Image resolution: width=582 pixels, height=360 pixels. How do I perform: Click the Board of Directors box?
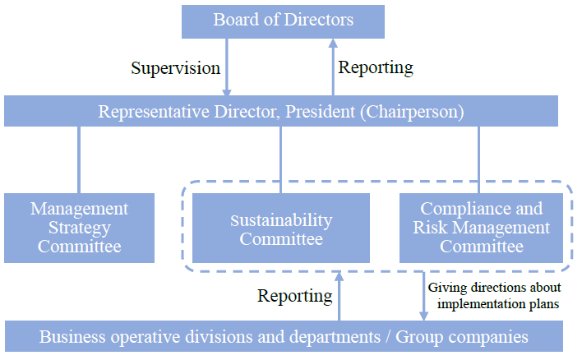pos(283,21)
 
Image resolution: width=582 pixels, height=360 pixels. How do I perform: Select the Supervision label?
pos(176,69)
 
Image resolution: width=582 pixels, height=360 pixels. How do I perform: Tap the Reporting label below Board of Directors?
pos(376,68)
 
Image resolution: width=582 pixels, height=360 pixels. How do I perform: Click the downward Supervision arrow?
pos(226,67)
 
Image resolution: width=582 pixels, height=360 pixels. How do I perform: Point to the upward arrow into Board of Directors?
pos(333,67)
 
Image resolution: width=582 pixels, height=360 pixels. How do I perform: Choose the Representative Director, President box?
pos(281,111)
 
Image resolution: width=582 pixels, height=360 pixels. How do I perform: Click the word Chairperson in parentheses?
pos(413,112)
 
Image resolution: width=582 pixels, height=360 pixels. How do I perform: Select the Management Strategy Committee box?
pos(79,228)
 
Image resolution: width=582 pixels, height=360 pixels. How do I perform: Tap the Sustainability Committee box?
pos(281,228)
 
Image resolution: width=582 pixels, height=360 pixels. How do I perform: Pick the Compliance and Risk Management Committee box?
pos(481,228)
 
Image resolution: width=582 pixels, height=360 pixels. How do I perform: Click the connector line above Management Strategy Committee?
pos(79,159)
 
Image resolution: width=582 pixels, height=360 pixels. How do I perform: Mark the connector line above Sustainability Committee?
pos(280,159)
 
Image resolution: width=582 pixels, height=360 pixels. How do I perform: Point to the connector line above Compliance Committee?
pos(478,159)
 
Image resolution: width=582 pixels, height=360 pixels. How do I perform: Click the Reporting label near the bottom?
pos(295,296)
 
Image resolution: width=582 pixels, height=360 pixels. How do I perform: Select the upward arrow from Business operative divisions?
pos(339,296)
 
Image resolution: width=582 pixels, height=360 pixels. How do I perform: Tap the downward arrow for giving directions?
pos(423,296)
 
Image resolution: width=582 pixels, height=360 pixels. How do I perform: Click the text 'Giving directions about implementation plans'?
pos(494,295)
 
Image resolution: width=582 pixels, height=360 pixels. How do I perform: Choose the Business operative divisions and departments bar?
pos(284,336)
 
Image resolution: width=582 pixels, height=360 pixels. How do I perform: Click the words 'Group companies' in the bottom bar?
pos(462,337)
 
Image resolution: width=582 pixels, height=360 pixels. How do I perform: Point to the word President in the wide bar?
pos(320,111)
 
